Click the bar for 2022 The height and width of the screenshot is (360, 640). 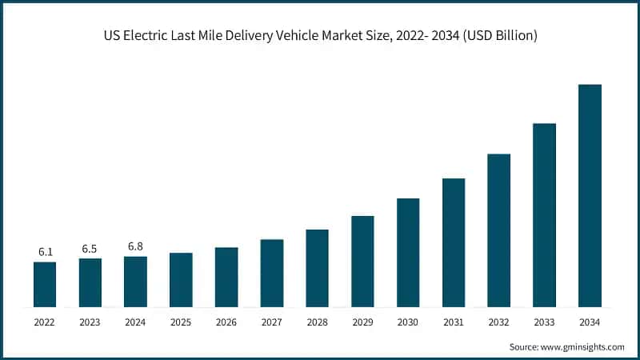point(45,285)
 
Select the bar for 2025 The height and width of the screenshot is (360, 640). point(181,280)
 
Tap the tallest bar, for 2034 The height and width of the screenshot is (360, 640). point(590,196)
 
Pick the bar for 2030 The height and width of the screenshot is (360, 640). point(408,253)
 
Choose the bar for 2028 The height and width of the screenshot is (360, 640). point(317,268)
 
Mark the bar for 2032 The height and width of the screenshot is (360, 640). point(498,230)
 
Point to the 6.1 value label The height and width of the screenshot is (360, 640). point(45,252)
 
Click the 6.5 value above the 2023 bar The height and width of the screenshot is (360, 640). point(90,249)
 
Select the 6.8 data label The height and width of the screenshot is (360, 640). point(135,246)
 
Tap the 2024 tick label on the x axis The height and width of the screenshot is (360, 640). point(135,322)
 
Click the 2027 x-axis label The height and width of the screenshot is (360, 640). point(271,322)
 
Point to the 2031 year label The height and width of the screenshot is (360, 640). point(453,322)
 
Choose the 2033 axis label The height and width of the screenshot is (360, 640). point(544,322)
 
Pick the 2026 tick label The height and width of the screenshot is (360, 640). point(226,322)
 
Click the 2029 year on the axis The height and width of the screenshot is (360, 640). point(362,322)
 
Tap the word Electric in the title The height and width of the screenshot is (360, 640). point(149,35)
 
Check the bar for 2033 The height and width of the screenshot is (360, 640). point(544,215)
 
